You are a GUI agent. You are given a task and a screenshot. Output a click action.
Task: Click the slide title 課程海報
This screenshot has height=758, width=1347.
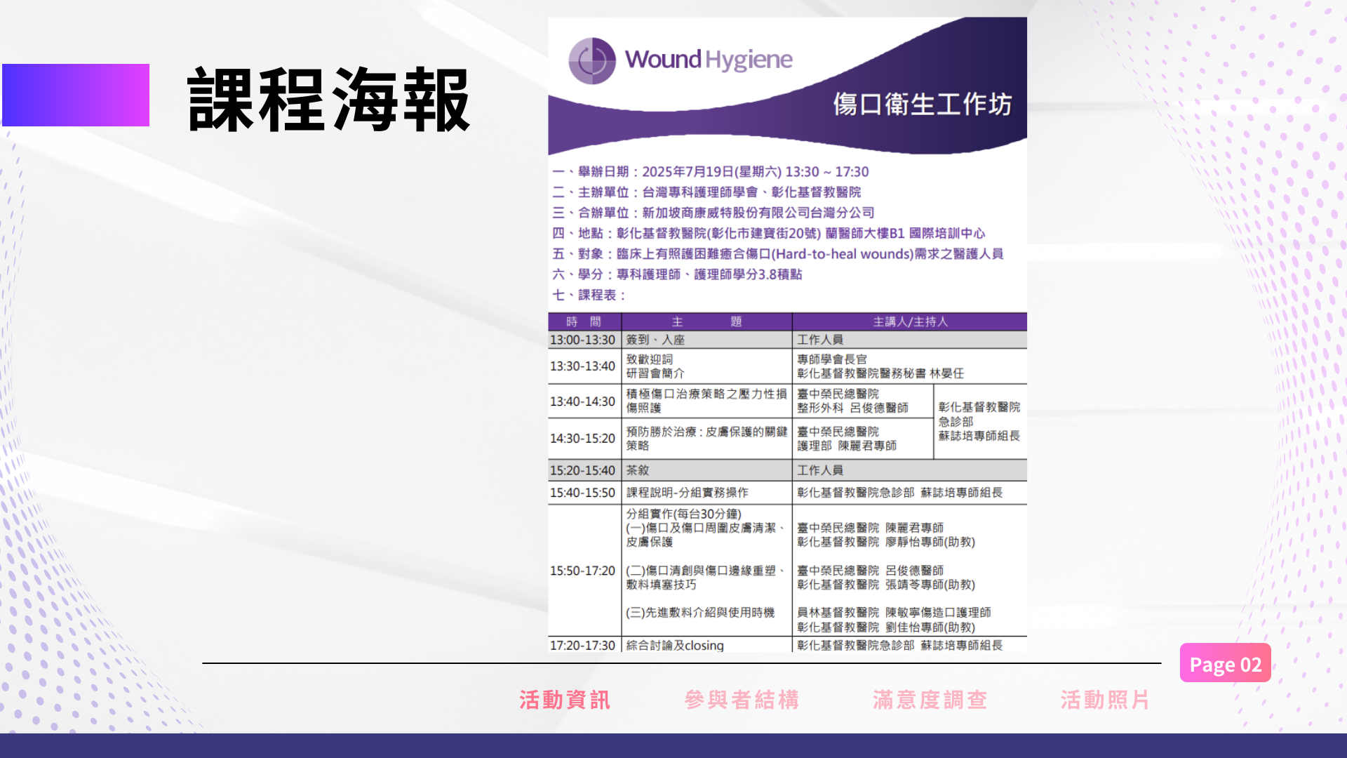pyautogui.click(x=328, y=100)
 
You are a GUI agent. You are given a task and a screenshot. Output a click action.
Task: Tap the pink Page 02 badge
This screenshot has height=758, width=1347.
pyautogui.click(x=1225, y=663)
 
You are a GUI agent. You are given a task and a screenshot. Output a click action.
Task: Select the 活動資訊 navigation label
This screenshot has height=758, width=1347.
pyautogui.click(x=565, y=700)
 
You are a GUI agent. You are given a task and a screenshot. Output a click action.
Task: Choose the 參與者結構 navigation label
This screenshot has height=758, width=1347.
pyautogui.click(x=742, y=700)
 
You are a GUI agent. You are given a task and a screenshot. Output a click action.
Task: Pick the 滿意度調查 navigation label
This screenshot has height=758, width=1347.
pyautogui.click(x=930, y=700)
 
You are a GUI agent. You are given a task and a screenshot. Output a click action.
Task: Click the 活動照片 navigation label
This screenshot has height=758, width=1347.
pyautogui.click(x=1105, y=700)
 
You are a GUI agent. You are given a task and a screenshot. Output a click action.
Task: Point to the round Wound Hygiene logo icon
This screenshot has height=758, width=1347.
pyautogui.click(x=592, y=60)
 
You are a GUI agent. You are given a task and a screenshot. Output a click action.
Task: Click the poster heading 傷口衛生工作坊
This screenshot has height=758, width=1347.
pyautogui.click(x=923, y=105)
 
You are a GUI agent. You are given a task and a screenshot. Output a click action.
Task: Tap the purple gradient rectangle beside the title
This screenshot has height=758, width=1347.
pyautogui.click(x=76, y=95)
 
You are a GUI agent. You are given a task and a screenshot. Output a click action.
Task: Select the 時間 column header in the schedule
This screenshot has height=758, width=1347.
pyautogui.click(x=584, y=321)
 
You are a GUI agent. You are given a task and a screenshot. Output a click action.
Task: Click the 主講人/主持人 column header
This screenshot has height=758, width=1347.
pyautogui.click(x=910, y=321)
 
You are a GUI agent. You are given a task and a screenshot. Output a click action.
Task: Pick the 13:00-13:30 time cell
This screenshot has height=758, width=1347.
pyautogui.click(x=582, y=340)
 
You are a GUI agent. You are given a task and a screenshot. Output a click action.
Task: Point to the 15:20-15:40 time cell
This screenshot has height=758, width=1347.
pyautogui.click(x=582, y=470)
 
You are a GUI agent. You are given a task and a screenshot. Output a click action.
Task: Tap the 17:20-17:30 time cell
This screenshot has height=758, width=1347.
pyautogui.click(x=582, y=645)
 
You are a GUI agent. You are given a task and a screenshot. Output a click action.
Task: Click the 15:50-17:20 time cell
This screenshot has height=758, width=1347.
pyautogui.click(x=582, y=571)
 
